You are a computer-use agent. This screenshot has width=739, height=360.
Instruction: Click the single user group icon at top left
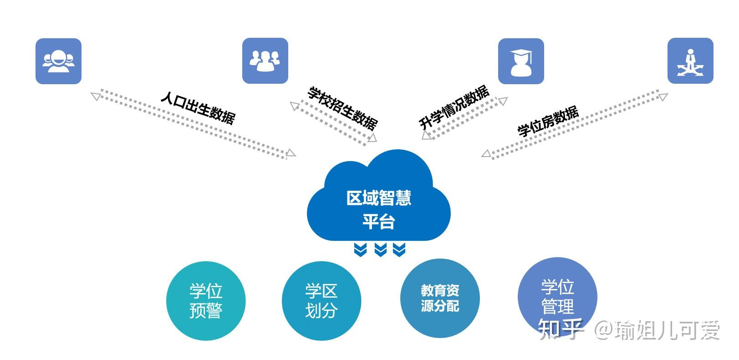click(58, 61)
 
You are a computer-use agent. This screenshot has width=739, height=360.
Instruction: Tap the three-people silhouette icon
click(265, 61)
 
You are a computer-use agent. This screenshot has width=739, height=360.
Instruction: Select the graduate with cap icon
click(521, 61)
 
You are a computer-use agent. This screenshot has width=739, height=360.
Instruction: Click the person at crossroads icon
click(690, 61)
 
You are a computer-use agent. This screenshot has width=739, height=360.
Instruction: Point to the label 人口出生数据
click(198, 108)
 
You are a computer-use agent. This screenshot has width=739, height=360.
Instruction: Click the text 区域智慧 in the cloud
click(379, 198)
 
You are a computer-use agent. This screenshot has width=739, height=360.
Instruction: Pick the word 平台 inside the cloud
click(379, 222)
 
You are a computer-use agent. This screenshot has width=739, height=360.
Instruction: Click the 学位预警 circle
click(206, 301)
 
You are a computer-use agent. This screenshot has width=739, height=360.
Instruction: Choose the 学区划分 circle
click(321, 301)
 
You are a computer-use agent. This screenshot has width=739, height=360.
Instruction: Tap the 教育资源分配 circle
click(440, 298)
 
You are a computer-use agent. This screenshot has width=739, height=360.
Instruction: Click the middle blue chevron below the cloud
click(380, 249)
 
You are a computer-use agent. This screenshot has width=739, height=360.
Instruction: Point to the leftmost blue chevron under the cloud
click(361, 249)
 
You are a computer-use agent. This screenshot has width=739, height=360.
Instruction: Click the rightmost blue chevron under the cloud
click(399, 249)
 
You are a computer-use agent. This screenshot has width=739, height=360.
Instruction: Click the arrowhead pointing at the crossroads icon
click(663, 96)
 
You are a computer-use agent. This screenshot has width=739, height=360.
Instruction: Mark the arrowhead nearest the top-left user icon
click(95, 96)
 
